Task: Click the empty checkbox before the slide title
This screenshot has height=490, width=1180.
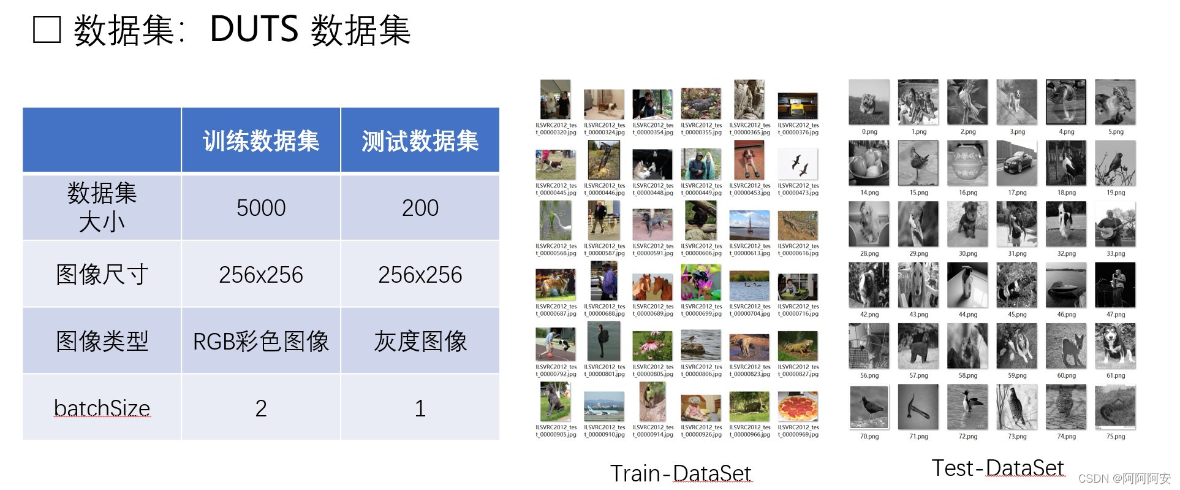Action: click(x=47, y=30)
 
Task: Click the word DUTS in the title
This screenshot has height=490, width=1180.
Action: click(x=254, y=29)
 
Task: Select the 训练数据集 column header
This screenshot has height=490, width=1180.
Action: click(x=261, y=141)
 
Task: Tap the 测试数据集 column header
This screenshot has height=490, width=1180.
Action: click(x=420, y=141)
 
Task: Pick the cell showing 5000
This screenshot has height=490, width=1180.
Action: click(x=261, y=208)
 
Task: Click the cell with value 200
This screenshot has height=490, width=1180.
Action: click(x=420, y=208)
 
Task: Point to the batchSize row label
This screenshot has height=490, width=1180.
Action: click(x=102, y=408)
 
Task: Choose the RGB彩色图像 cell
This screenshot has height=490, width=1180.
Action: click(x=261, y=341)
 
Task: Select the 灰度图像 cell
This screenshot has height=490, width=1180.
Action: click(x=420, y=341)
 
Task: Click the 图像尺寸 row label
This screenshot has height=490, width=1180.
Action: click(x=102, y=274)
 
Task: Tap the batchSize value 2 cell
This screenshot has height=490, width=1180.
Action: click(x=261, y=408)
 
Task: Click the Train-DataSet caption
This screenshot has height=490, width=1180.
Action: click(x=680, y=473)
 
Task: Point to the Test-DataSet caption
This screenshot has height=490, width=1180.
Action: click(x=997, y=468)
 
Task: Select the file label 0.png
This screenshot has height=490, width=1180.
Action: click(x=869, y=132)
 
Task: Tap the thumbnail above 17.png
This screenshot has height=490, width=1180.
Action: click(x=1016, y=163)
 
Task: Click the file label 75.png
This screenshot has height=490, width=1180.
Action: click(x=1115, y=437)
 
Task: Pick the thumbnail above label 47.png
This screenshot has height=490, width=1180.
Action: click(x=1115, y=285)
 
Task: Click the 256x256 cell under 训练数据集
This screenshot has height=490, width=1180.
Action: click(x=261, y=274)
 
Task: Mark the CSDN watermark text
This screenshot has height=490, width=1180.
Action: click(x=1124, y=478)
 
